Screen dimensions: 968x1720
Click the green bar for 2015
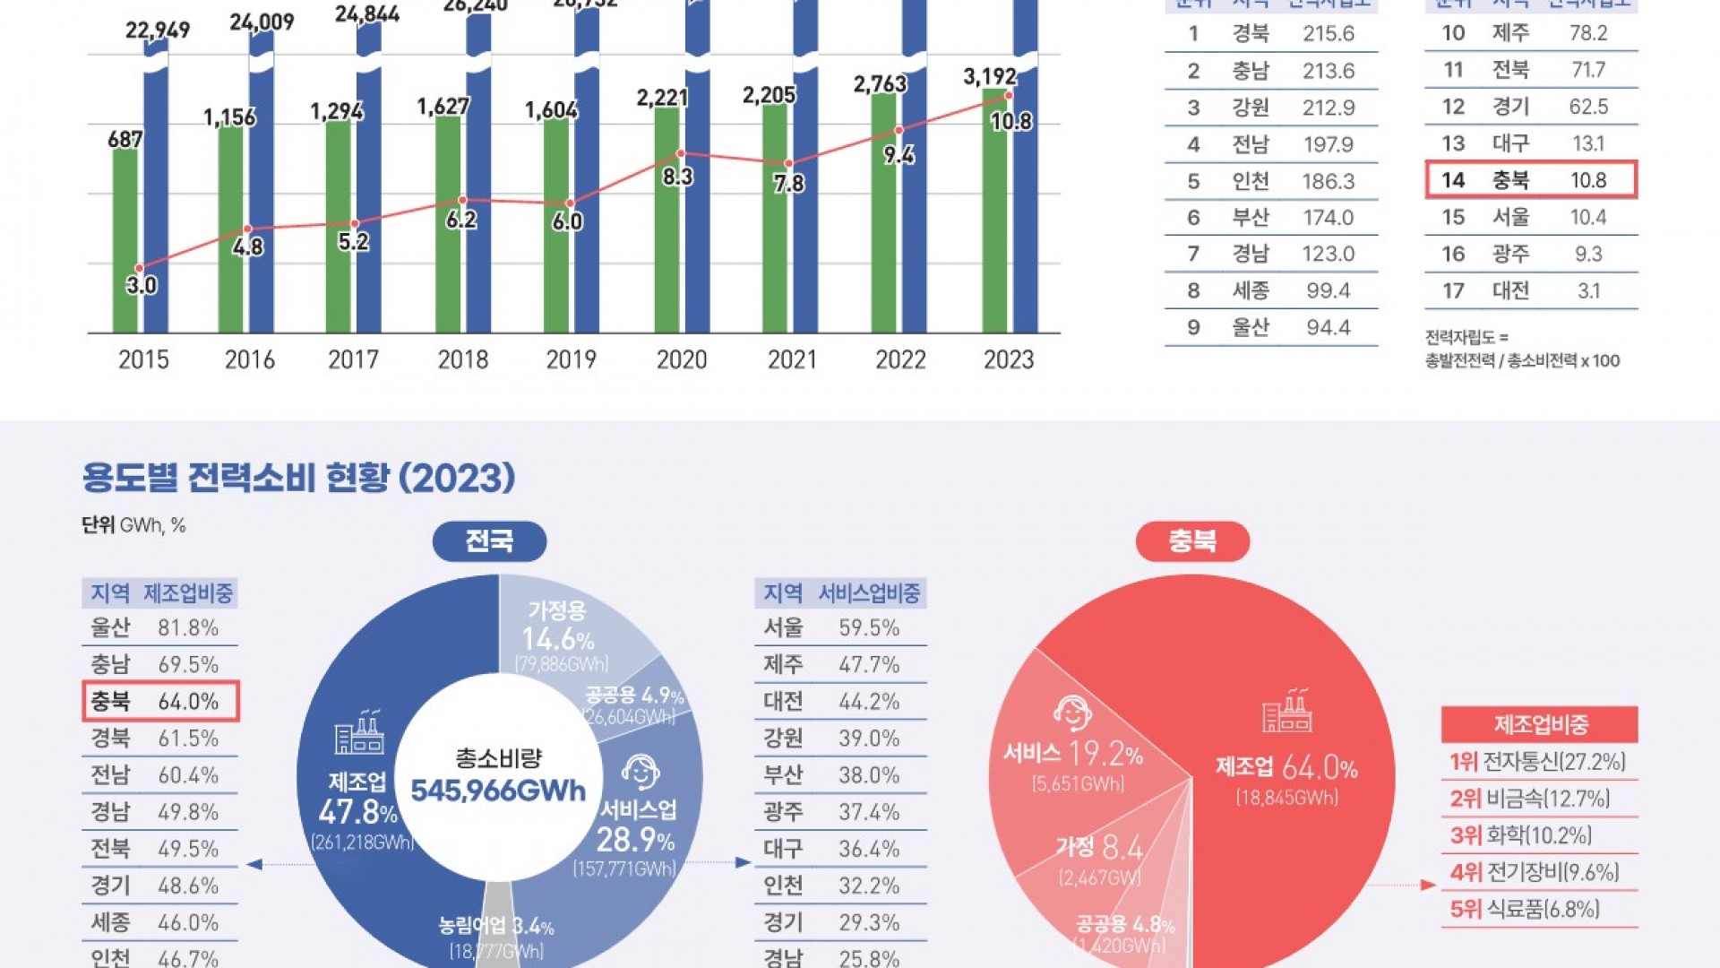pyautogui.click(x=125, y=242)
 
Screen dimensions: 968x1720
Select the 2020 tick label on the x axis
pyautogui.click(x=682, y=359)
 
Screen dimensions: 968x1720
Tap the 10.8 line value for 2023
pyautogui.click(x=1011, y=121)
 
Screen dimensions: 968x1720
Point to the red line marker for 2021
pyautogui.click(x=788, y=164)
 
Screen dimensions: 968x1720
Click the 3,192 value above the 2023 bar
pyautogui.click(x=990, y=77)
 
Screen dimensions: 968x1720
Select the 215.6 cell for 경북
pyautogui.click(x=1329, y=34)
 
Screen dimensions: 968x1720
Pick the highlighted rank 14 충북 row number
pyautogui.click(x=1453, y=180)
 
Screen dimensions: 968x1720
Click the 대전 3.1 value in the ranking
pyautogui.click(x=1588, y=291)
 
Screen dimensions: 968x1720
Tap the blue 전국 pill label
pyautogui.click(x=489, y=541)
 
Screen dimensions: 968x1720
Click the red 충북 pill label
pyautogui.click(x=1192, y=541)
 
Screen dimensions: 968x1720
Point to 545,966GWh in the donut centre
pyautogui.click(x=498, y=791)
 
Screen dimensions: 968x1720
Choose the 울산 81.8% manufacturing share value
pyautogui.click(x=188, y=627)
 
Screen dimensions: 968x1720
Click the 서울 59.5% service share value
pyautogui.click(x=869, y=627)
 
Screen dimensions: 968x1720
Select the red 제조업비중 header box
pyautogui.click(x=1539, y=724)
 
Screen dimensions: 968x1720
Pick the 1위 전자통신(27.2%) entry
pyautogui.click(x=1537, y=762)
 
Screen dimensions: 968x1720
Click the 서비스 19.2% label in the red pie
pyautogui.click(x=1073, y=755)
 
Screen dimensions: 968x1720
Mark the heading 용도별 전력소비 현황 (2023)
pyautogui.click(x=298, y=478)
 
